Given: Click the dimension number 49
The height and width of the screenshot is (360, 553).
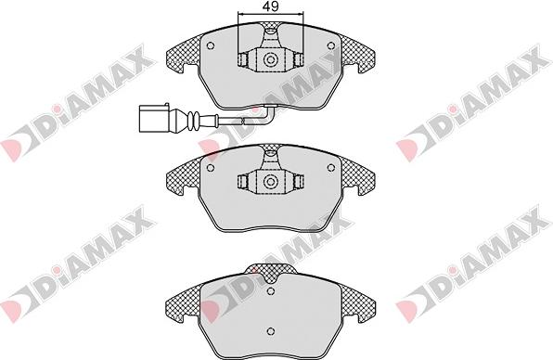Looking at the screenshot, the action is tap(271, 6).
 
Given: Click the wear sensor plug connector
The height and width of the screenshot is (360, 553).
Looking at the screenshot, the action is tap(155, 118).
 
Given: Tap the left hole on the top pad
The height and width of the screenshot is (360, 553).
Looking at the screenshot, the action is tap(211, 45).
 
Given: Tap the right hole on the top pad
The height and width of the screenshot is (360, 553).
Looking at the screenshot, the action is tap(330, 45).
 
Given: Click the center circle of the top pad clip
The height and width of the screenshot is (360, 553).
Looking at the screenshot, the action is tap(271, 59).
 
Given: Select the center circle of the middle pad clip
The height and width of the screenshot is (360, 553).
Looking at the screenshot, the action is tap(271, 182).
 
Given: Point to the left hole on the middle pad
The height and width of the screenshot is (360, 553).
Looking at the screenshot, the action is tap(211, 168).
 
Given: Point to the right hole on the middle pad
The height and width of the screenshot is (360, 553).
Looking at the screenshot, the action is tap(330, 168).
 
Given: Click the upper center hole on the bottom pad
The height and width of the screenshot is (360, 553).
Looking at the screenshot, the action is tap(271, 291).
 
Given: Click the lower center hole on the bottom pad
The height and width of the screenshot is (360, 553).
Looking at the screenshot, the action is tap(271, 331).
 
